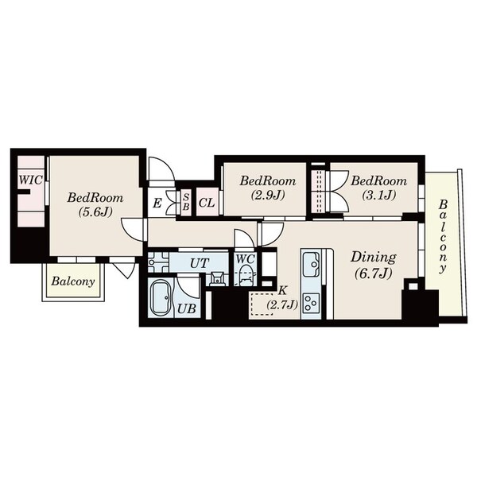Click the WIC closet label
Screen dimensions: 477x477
point(30,180)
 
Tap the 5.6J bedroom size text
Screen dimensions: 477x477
point(95,211)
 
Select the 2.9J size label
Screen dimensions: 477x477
point(268,195)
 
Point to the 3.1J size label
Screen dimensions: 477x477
point(378,195)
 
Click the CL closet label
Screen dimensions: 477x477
point(207,203)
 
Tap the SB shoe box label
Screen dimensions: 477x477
point(186,201)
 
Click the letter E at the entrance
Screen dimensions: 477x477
point(157,203)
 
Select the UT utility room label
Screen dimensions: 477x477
point(200,263)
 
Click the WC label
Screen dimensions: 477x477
point(245,259)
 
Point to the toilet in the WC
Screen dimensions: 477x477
point(246,275)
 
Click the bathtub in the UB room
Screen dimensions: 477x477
point(161,298)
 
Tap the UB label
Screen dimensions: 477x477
point(187,309)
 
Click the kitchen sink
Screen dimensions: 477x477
point(311,263)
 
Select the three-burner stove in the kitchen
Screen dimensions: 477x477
point(311,303)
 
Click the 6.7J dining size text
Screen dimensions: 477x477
point(373,274)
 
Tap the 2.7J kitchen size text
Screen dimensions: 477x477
point(282,304)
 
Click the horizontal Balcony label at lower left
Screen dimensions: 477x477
point(73,281)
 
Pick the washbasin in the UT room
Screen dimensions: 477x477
point(216,278)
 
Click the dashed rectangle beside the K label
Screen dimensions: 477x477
point(261,304)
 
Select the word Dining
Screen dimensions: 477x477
point(374,258)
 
